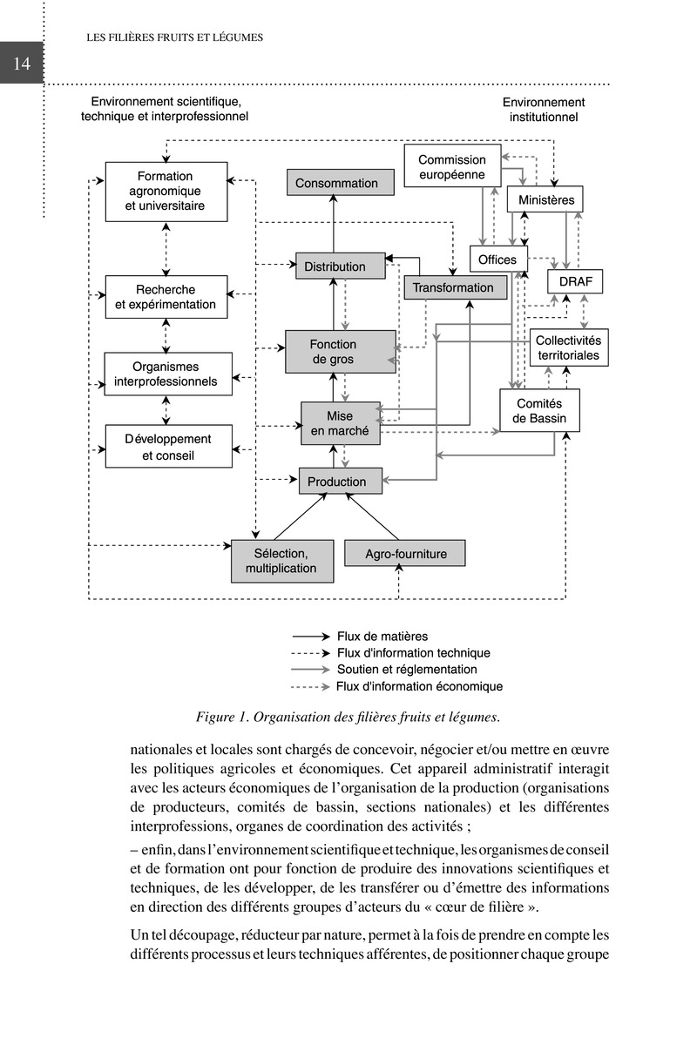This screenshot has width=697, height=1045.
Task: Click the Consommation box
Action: [336, 183]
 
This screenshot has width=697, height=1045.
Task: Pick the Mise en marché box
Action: [341, 423]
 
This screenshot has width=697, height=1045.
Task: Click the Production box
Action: [337, 482]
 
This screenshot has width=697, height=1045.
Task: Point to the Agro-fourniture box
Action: [405, 554]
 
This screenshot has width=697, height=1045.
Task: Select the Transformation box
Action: [453, 287]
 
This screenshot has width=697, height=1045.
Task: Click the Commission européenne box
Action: [452, 166]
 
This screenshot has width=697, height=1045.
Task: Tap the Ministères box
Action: [546, 200]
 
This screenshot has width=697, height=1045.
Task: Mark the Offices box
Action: [497, 260]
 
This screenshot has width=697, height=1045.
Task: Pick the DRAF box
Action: [575, 282]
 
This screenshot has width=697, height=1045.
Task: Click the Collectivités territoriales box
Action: [567, 348]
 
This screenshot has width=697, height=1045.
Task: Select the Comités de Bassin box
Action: [539, 411]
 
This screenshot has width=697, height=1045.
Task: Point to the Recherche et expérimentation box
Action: [166, 297]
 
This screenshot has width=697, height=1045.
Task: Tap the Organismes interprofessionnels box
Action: [166, 374]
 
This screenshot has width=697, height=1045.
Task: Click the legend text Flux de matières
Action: [382, 637]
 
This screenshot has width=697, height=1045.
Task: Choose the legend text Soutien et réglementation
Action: [407, 670]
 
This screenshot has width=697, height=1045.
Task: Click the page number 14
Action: [21, 63]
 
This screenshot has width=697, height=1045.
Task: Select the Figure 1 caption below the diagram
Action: [348, 718]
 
